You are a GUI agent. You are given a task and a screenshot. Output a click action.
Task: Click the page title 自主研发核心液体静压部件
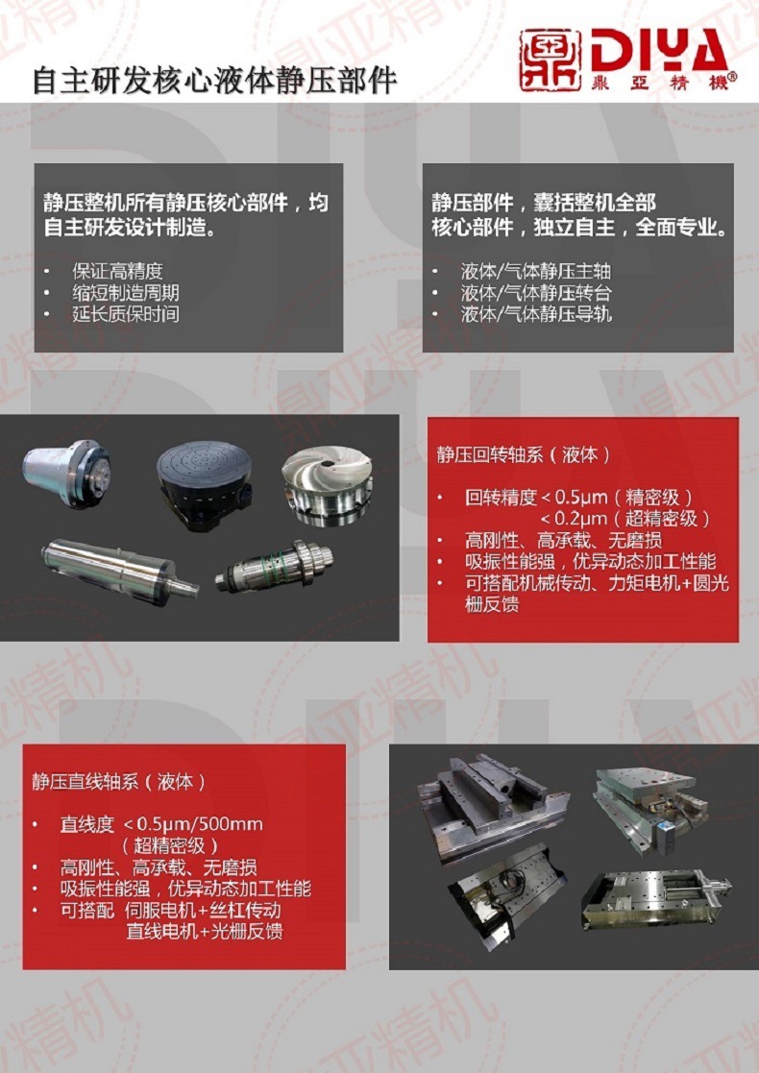[x=215, y=80]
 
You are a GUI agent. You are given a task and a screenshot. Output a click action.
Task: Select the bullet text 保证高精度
[x=117, y=271]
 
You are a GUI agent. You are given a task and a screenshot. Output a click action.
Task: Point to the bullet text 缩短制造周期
[x=126, y=293]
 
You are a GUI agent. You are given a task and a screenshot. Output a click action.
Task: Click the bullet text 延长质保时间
[x=126, y=314]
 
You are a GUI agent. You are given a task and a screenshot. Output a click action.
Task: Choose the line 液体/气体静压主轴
[x=536, y=271]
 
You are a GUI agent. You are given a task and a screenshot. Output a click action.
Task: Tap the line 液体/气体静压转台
[x=536, y=293]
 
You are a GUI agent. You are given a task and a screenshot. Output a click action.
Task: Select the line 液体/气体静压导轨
[x=536, y=314]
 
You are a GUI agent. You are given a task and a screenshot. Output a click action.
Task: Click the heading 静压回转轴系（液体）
[x=524, y=454]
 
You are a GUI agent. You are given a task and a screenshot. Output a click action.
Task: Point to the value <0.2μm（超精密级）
[x=625, y=518]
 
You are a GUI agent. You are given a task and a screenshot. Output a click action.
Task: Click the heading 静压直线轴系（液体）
[x=119, y=782]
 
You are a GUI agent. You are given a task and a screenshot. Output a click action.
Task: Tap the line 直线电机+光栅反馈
[x=205, y=932]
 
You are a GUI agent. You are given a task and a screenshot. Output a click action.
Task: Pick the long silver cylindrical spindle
[x=119, y=572]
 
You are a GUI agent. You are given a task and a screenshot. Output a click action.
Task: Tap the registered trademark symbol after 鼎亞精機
[x=732, y=77]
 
